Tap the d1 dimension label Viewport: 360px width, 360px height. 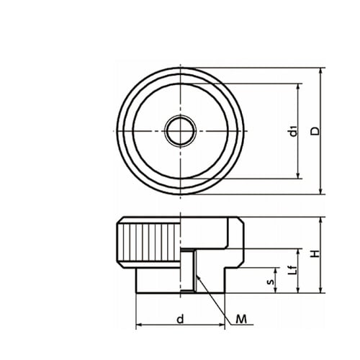pyautogui.click(x=293, y=131)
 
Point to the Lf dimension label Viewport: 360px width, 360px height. pyautogui.click(x=293, y=271)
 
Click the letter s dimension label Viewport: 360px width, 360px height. pyautogui.click(x=271, y=282)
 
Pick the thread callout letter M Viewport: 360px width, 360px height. pyautogui.click(x=241, y=319)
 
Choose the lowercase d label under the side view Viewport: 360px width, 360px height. pyautogui.click(x=180, y=319)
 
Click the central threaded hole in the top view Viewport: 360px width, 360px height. pyautogui.click(x=181, y=131)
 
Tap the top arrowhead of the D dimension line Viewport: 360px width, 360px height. pyautogui.click(x=321, y=71)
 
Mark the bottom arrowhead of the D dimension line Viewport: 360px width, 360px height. pyautogui.click(x=321, y=191)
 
